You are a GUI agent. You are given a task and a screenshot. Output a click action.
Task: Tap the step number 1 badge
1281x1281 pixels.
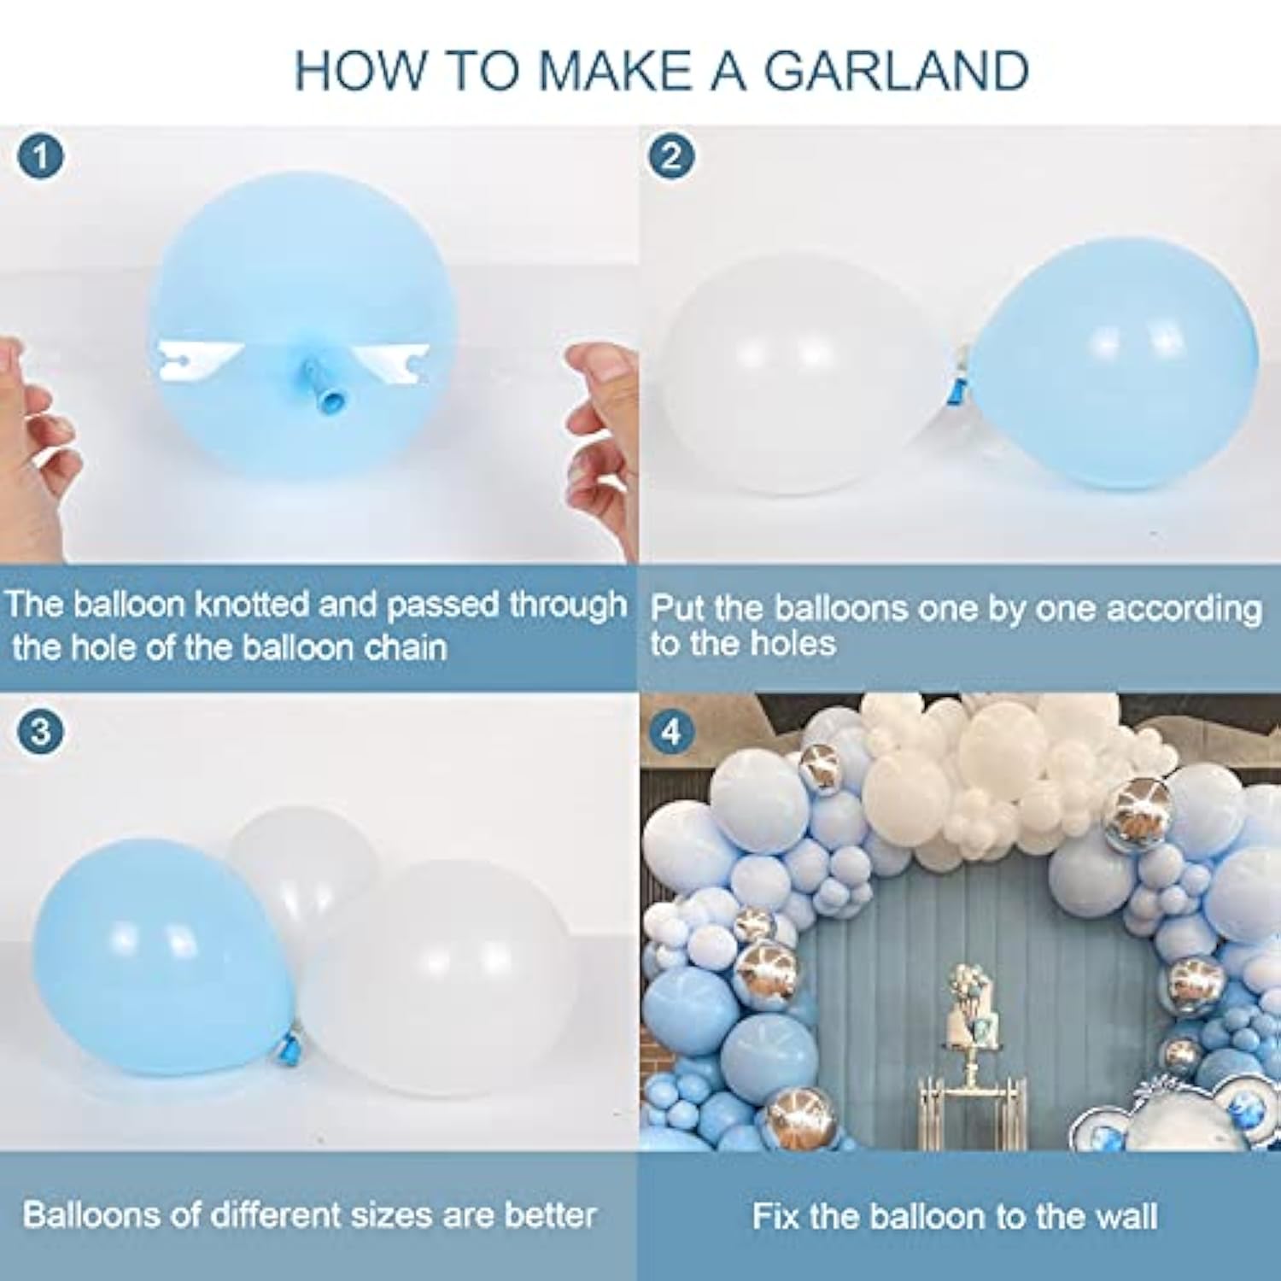tap(40, 157)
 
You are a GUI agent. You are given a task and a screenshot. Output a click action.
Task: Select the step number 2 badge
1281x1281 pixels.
tap(671, 157)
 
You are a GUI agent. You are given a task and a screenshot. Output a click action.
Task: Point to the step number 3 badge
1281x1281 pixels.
tap(40, 733)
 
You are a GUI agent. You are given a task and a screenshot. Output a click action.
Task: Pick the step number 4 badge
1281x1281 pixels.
tap(671, 733)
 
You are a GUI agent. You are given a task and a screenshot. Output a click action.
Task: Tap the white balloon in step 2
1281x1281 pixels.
tap(794, 376)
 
